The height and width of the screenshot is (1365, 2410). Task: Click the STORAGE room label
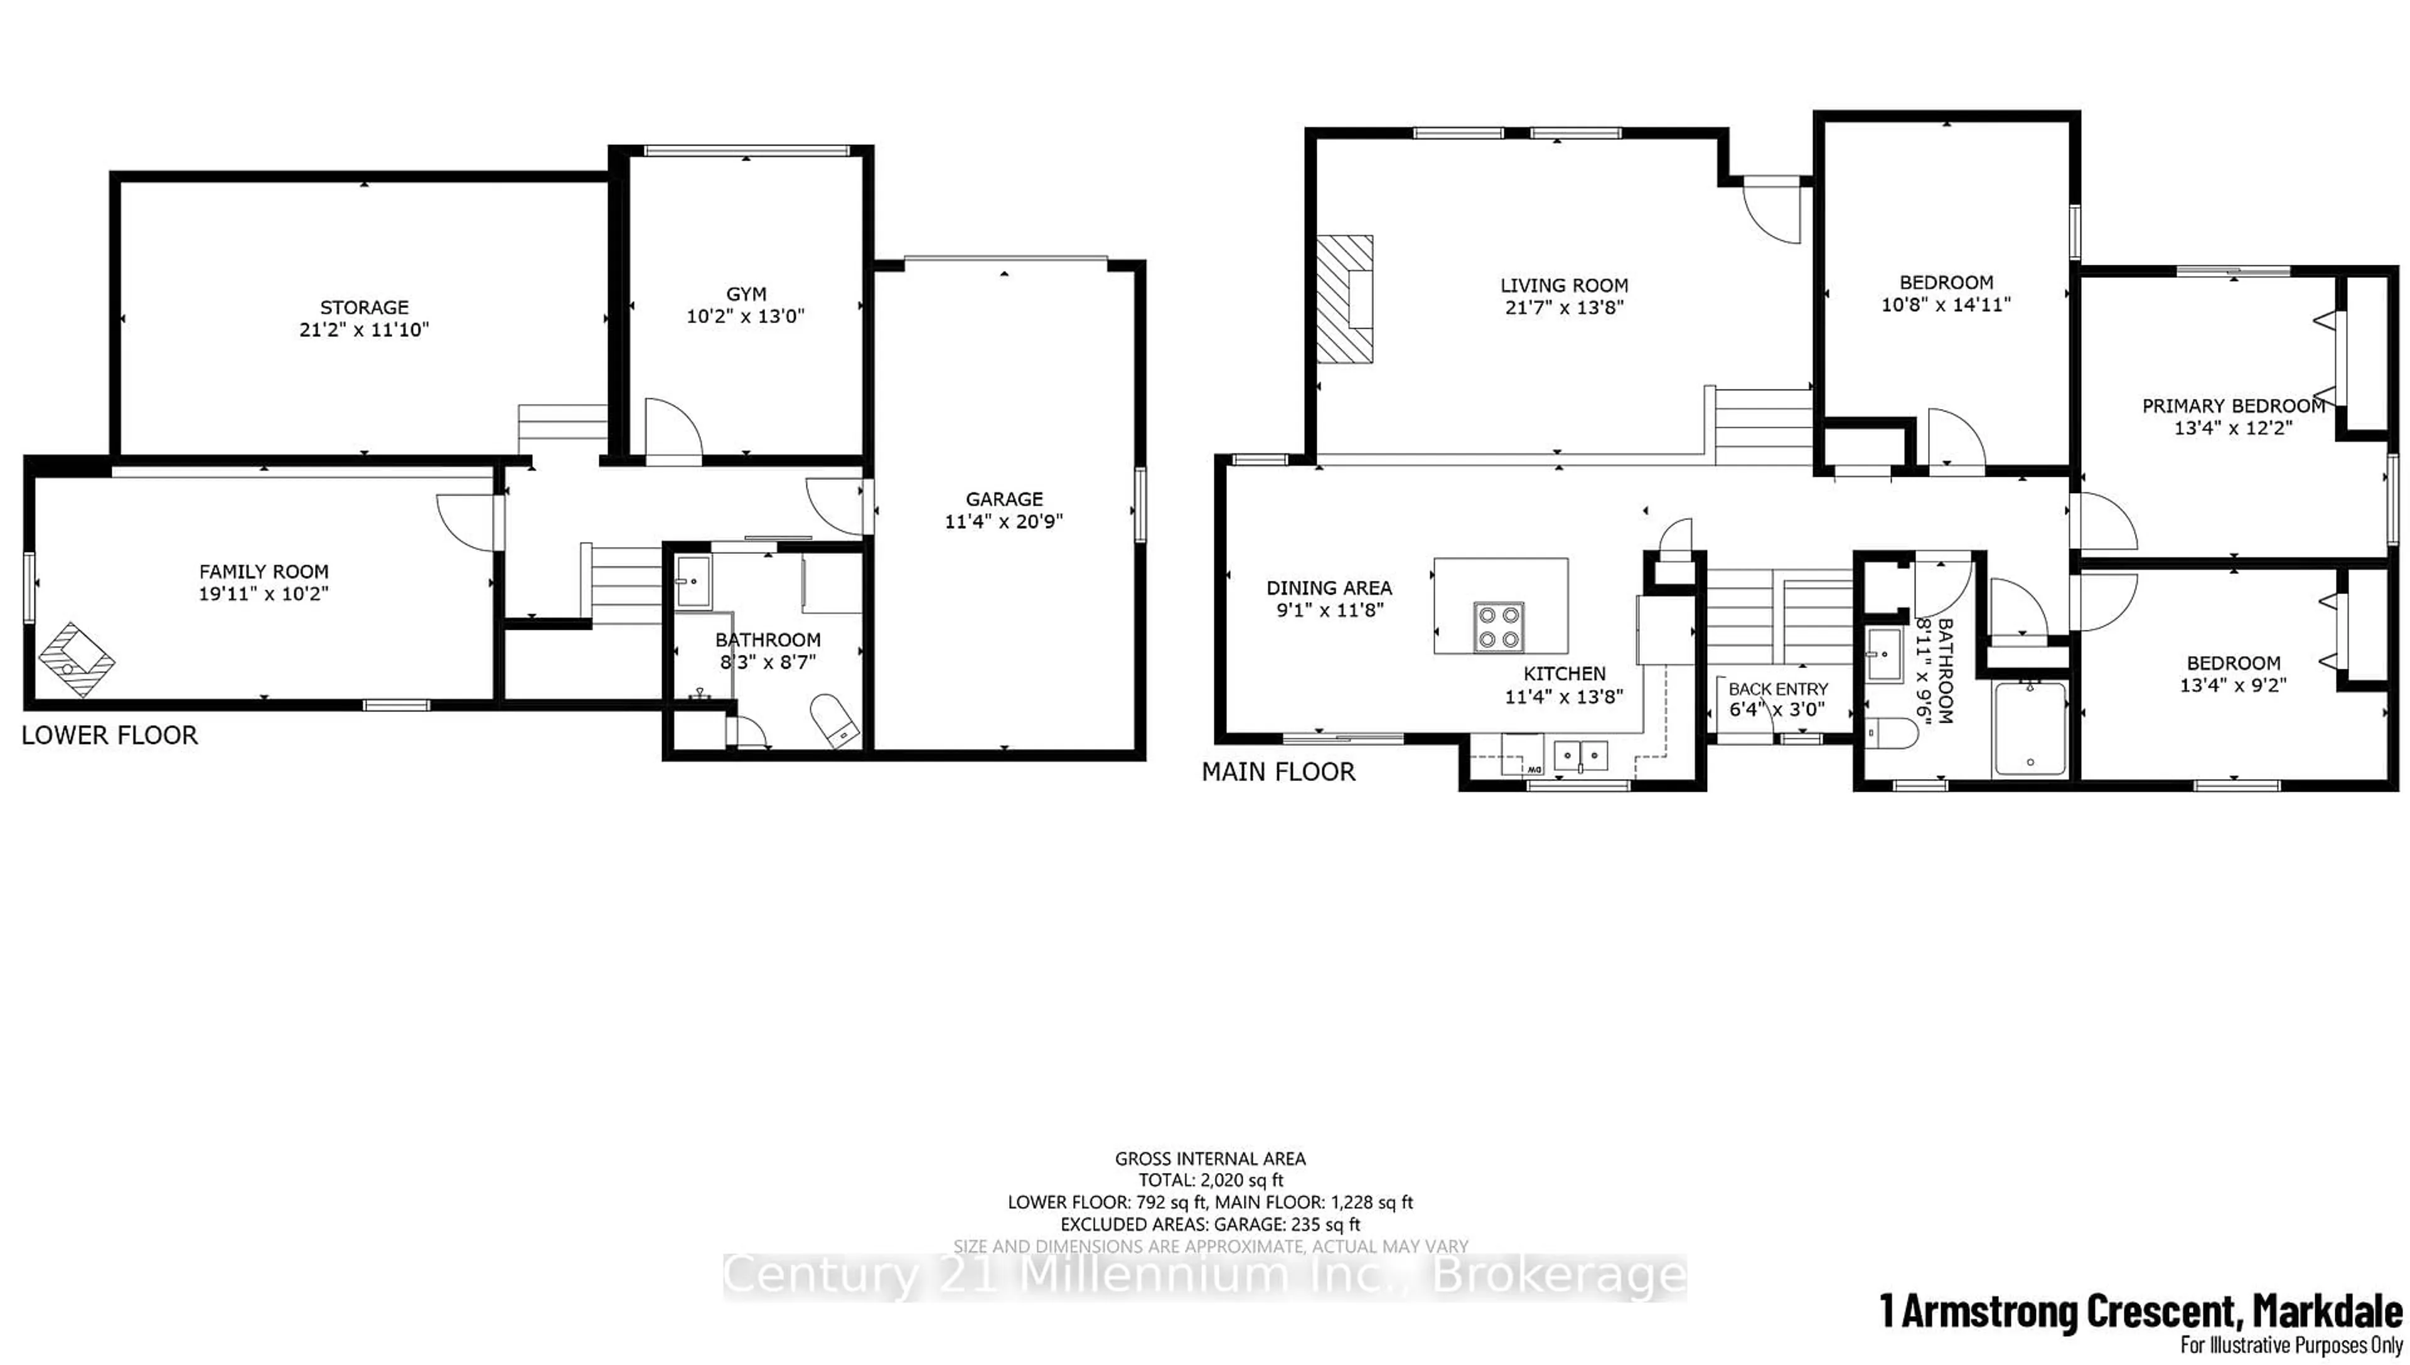tap(364, 307)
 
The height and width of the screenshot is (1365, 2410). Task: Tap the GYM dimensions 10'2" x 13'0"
tap(746, 317)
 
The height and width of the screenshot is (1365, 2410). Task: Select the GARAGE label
tap(1004, 499)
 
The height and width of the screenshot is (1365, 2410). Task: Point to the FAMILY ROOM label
tap(264, 571)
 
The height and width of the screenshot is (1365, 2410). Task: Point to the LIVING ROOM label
tap(1563, 285)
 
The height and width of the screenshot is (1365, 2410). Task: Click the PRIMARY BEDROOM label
tap(2233, 406)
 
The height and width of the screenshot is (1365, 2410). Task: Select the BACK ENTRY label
tap(1778, 689)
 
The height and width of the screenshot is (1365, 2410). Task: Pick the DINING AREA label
tap(1328, 588)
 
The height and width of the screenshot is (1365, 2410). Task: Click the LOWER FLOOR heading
tap(110, 735)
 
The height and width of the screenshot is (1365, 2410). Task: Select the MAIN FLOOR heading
tap(1278, 772)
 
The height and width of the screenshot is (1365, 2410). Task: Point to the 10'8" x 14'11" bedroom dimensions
tap(1946, 305)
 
